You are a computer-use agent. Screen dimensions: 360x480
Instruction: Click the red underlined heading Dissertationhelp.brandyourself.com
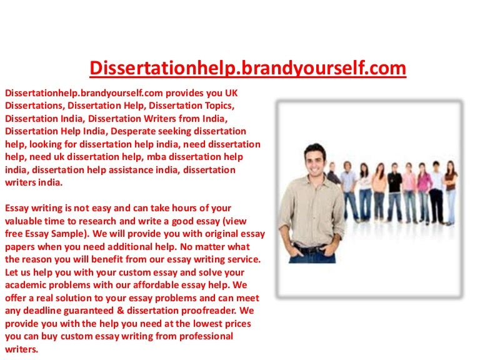pyautogui.click(x=248, y=67)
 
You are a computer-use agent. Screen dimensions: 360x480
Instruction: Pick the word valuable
pyautogui.click(x=26, y=222)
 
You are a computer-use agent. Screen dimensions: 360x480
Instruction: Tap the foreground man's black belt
pyautogui.click(x=311, y=249)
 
